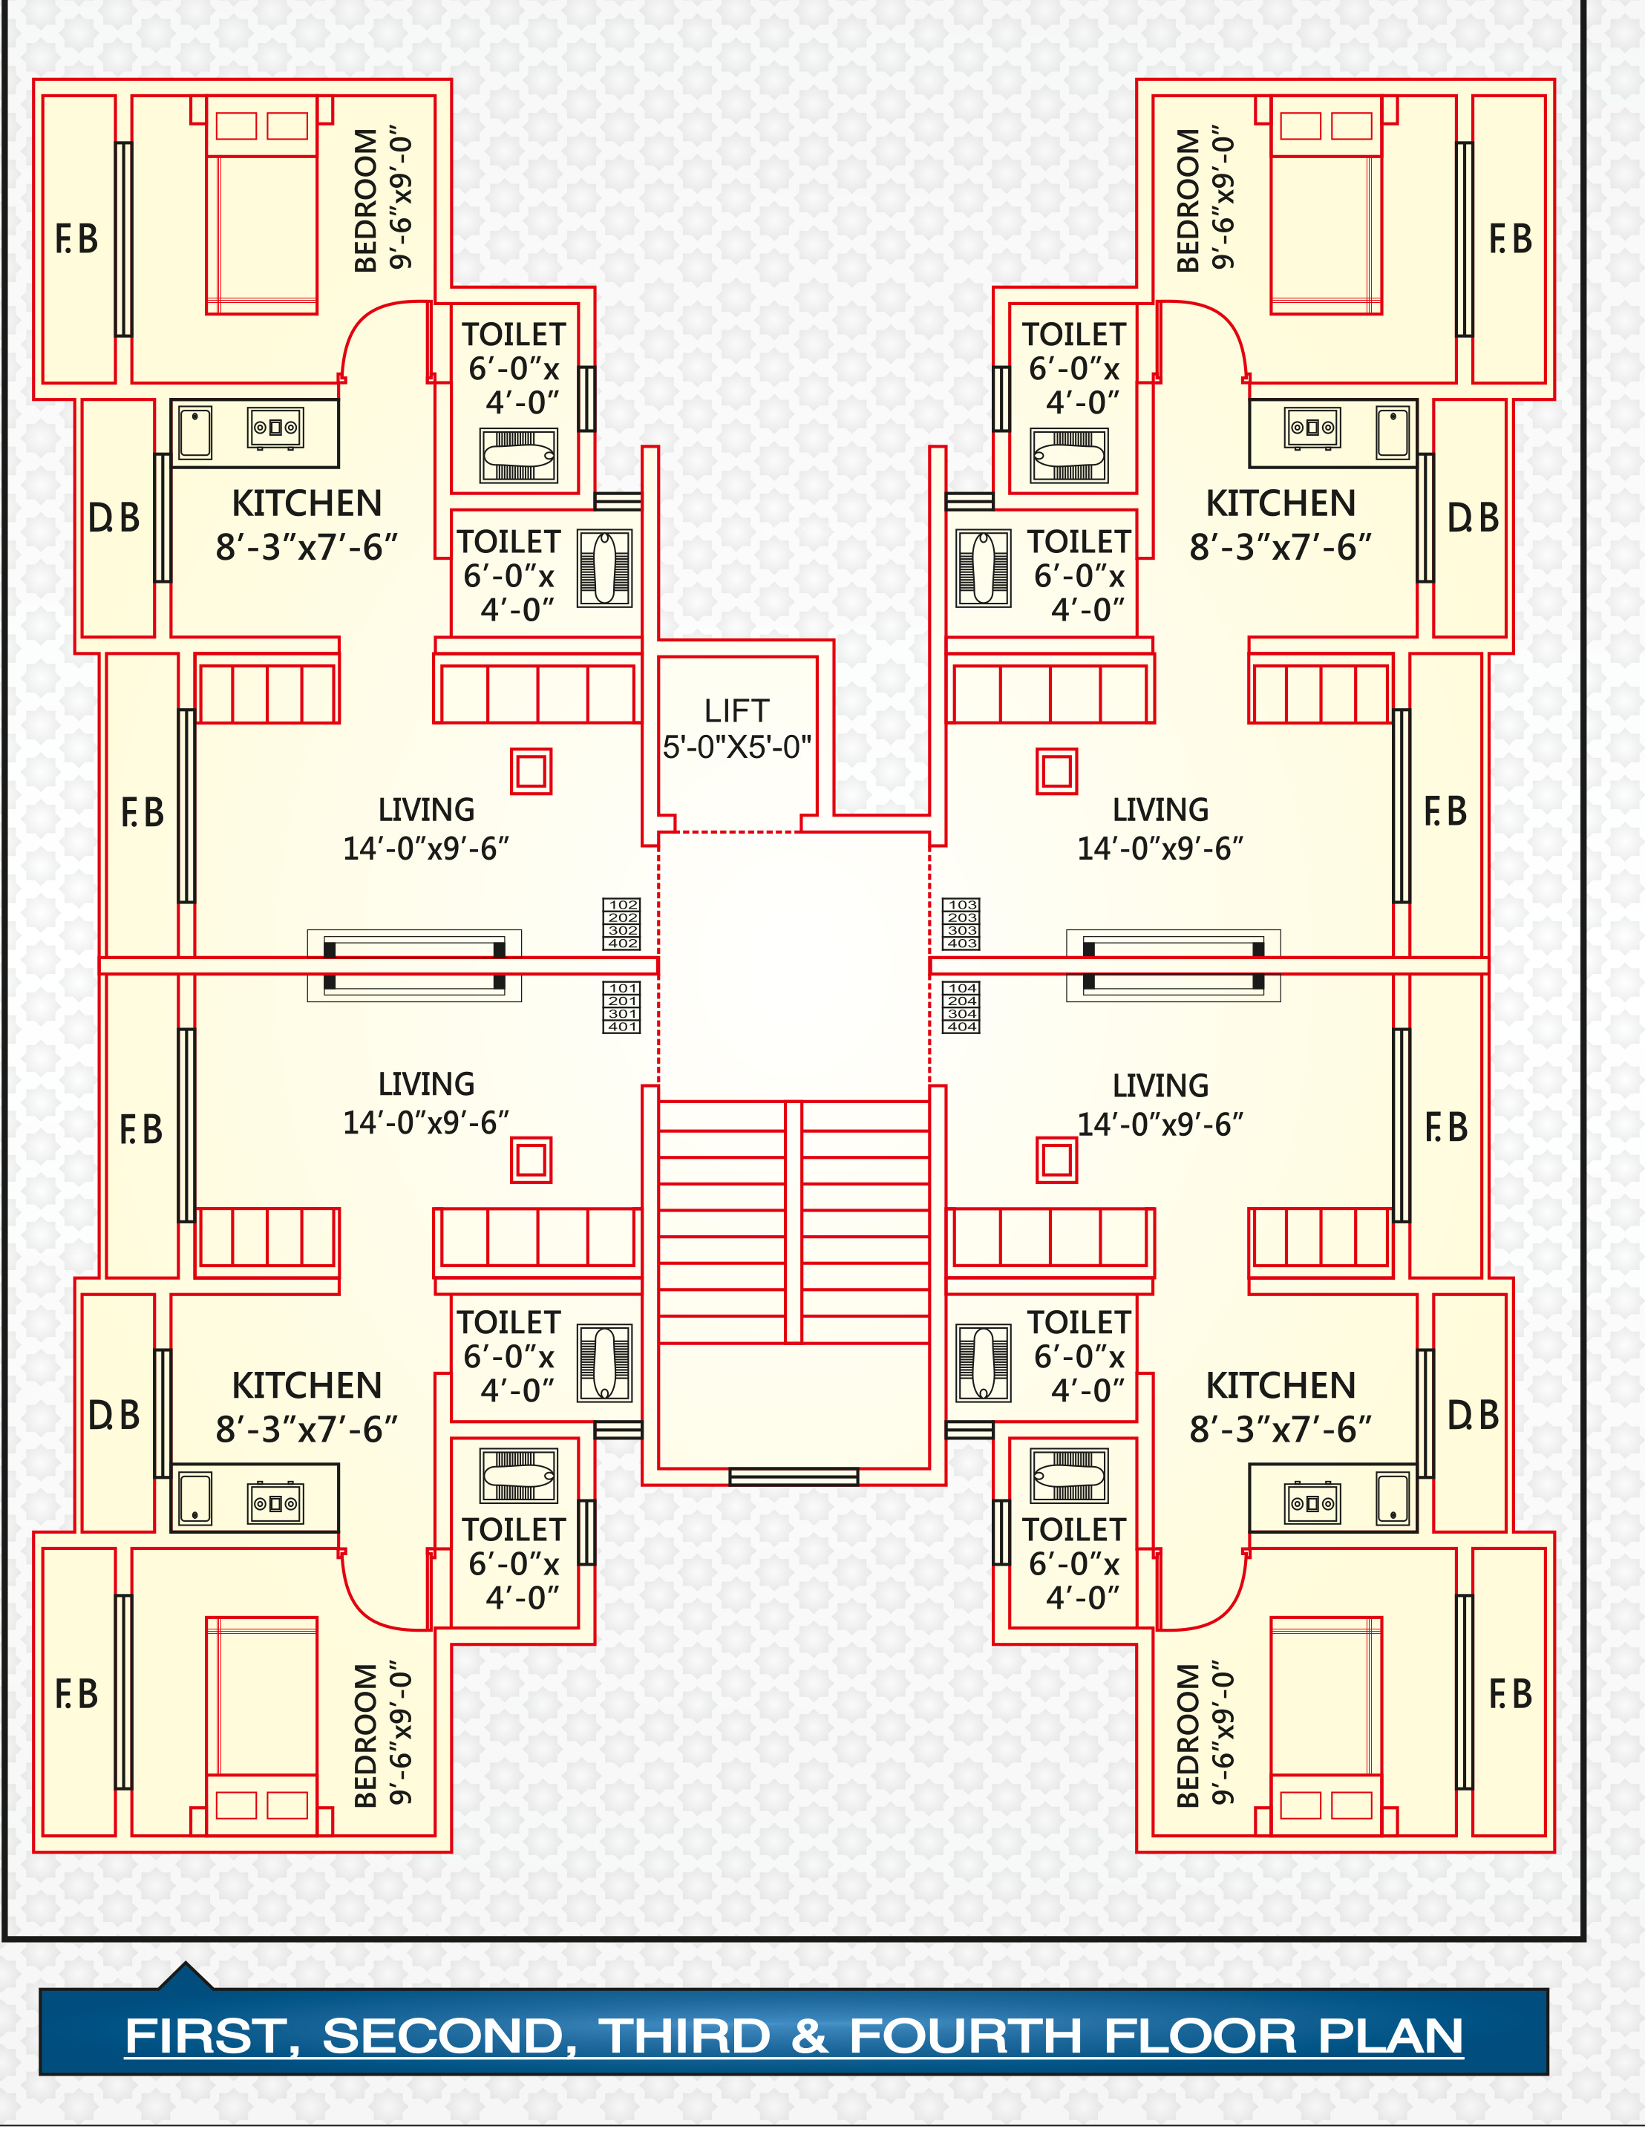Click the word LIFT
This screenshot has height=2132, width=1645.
[x=736, y=710]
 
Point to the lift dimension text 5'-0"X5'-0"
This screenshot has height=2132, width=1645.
[x=737, y=747]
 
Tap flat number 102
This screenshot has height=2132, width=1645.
[x=623, y=905]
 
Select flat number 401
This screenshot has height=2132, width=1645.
[x=623, y=1027]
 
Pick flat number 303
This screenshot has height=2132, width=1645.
[x=961, y=930]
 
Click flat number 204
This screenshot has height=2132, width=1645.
[x=961, y=1001]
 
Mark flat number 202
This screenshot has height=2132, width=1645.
[x=623, y=918]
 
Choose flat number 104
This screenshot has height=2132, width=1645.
[x=961, y=989]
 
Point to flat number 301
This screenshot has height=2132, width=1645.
[x=623, y=1014]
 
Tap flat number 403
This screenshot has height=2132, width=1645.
[x=961, y=943]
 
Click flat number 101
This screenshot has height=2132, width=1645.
[x=623, y=989]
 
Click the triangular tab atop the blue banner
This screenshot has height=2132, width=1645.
[x=186, y=1977]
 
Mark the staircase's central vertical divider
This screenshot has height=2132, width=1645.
[x=794, y=1222]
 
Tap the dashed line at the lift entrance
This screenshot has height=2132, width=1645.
[x=729, y=831]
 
